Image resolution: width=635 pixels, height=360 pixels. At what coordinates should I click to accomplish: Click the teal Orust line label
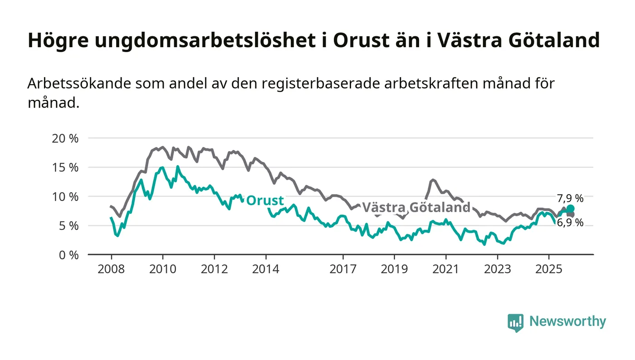click(265, 200)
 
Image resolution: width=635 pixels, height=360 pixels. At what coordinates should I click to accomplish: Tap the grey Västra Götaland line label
click(416, 207)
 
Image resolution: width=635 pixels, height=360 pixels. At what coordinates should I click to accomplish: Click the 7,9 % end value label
click(570, 198)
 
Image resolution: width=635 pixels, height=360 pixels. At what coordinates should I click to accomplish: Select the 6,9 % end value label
click(570, 223)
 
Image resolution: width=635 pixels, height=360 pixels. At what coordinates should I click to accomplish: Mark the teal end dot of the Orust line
click(571, 209)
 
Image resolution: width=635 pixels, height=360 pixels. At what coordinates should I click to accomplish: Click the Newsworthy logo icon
click(515, 322)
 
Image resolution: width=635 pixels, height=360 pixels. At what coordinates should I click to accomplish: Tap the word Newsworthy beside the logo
click(567, 321)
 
